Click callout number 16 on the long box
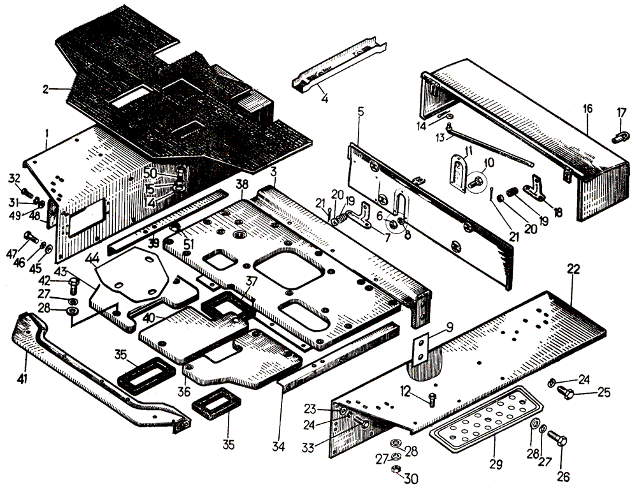pyautogui.click(x=587, y=109)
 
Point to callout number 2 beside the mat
pyautogui.click(x=45, y=90)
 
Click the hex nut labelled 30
pyautogui.click(x=396, y=470)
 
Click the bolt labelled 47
pyautogui.click(x=29, y=239)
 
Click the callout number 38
pyautogui.click(x=241, y=184)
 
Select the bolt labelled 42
pyautogui.click(x=73, y=283)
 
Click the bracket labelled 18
pyautogui.click(x=532, y=189)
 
